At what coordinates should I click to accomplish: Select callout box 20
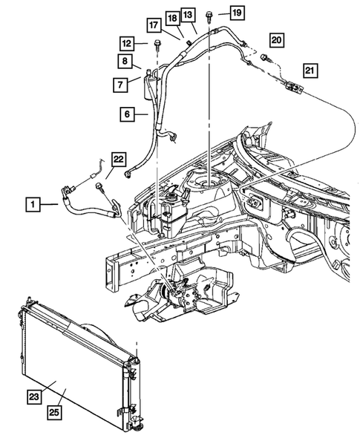(x=277, y=39)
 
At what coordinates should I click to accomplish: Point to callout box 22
(x=119, y=158)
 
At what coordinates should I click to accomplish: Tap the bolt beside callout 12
(x=158, y=45)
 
